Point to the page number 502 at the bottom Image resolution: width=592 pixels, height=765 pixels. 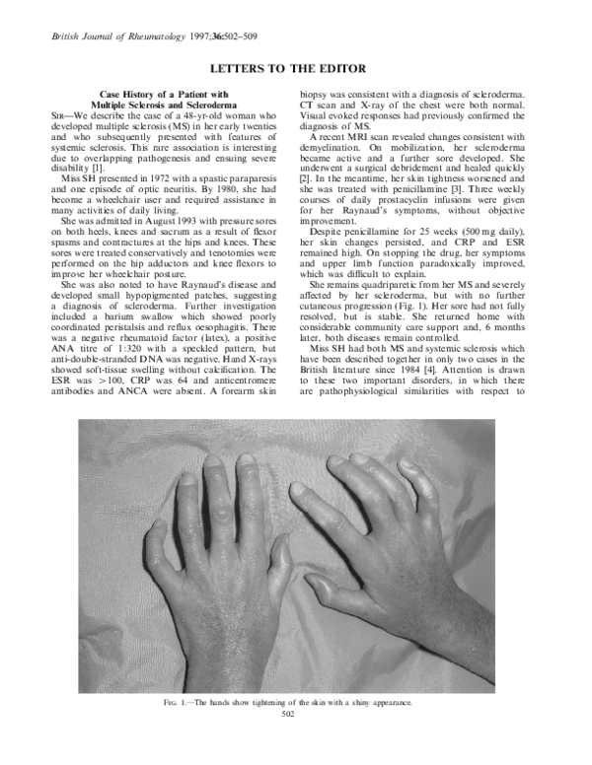[x=296, y=713]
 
